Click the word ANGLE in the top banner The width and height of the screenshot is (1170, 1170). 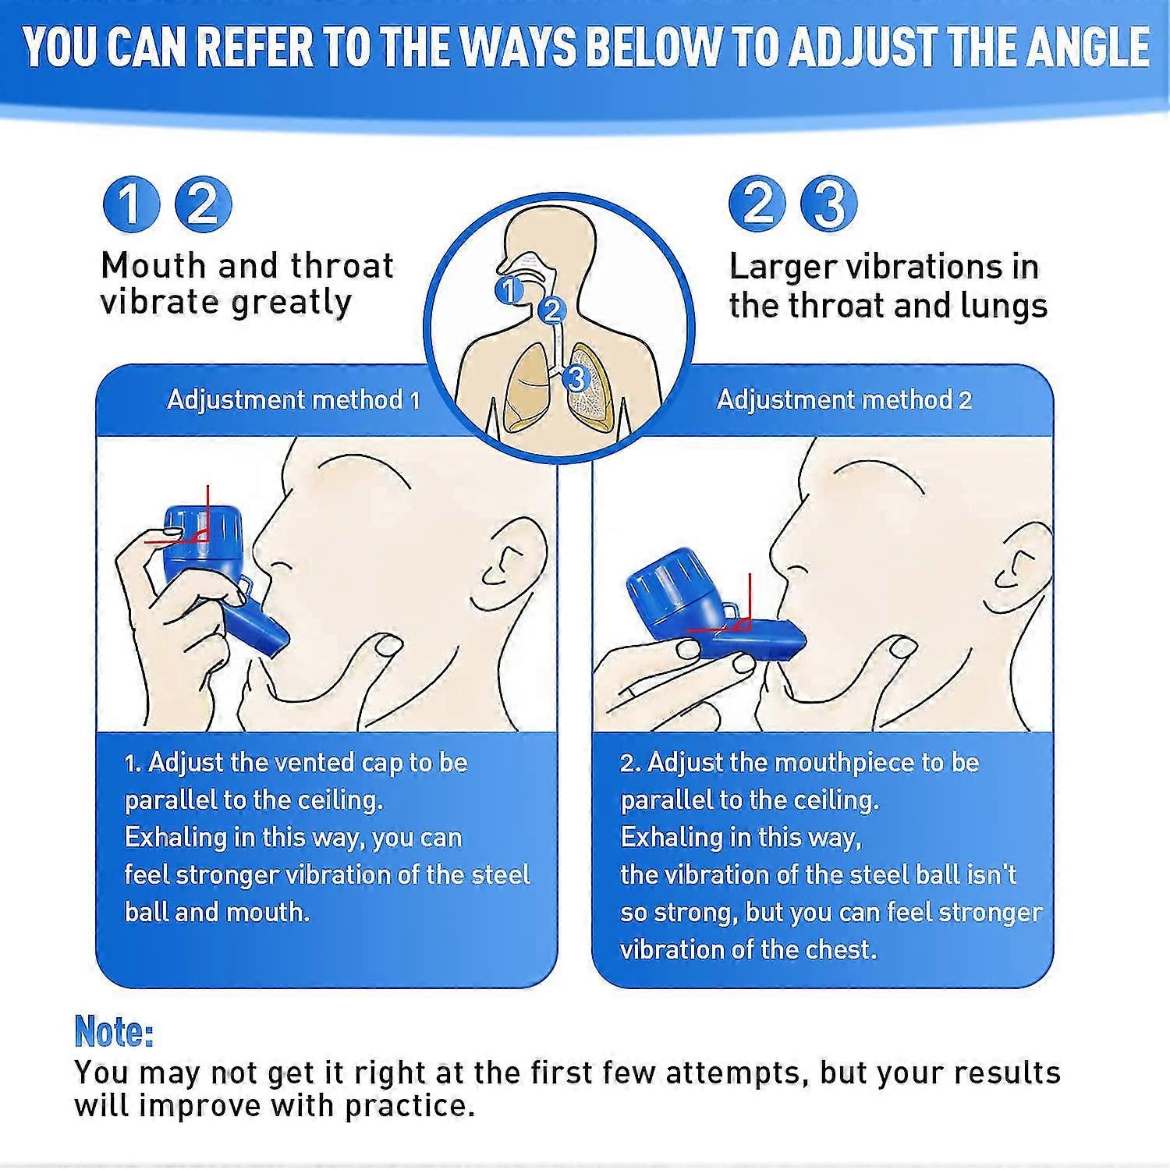coord(1087,46)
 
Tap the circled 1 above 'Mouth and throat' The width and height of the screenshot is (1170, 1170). coord(131,204)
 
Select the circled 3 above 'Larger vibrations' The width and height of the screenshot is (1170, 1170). coord(828,204)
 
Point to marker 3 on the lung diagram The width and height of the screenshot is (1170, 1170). coord(576,378)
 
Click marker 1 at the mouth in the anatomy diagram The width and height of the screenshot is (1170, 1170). coord(509,290)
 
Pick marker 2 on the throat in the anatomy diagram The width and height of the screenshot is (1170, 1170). coord(551,310)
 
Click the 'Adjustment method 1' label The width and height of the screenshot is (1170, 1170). coord(293,400)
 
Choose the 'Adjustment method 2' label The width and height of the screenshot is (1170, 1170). coord(844,400)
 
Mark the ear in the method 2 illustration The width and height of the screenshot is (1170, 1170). coord(1022,569)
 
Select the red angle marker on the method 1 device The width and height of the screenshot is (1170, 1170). coord(199,534)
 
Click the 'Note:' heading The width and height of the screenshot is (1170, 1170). coord(114,1031)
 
